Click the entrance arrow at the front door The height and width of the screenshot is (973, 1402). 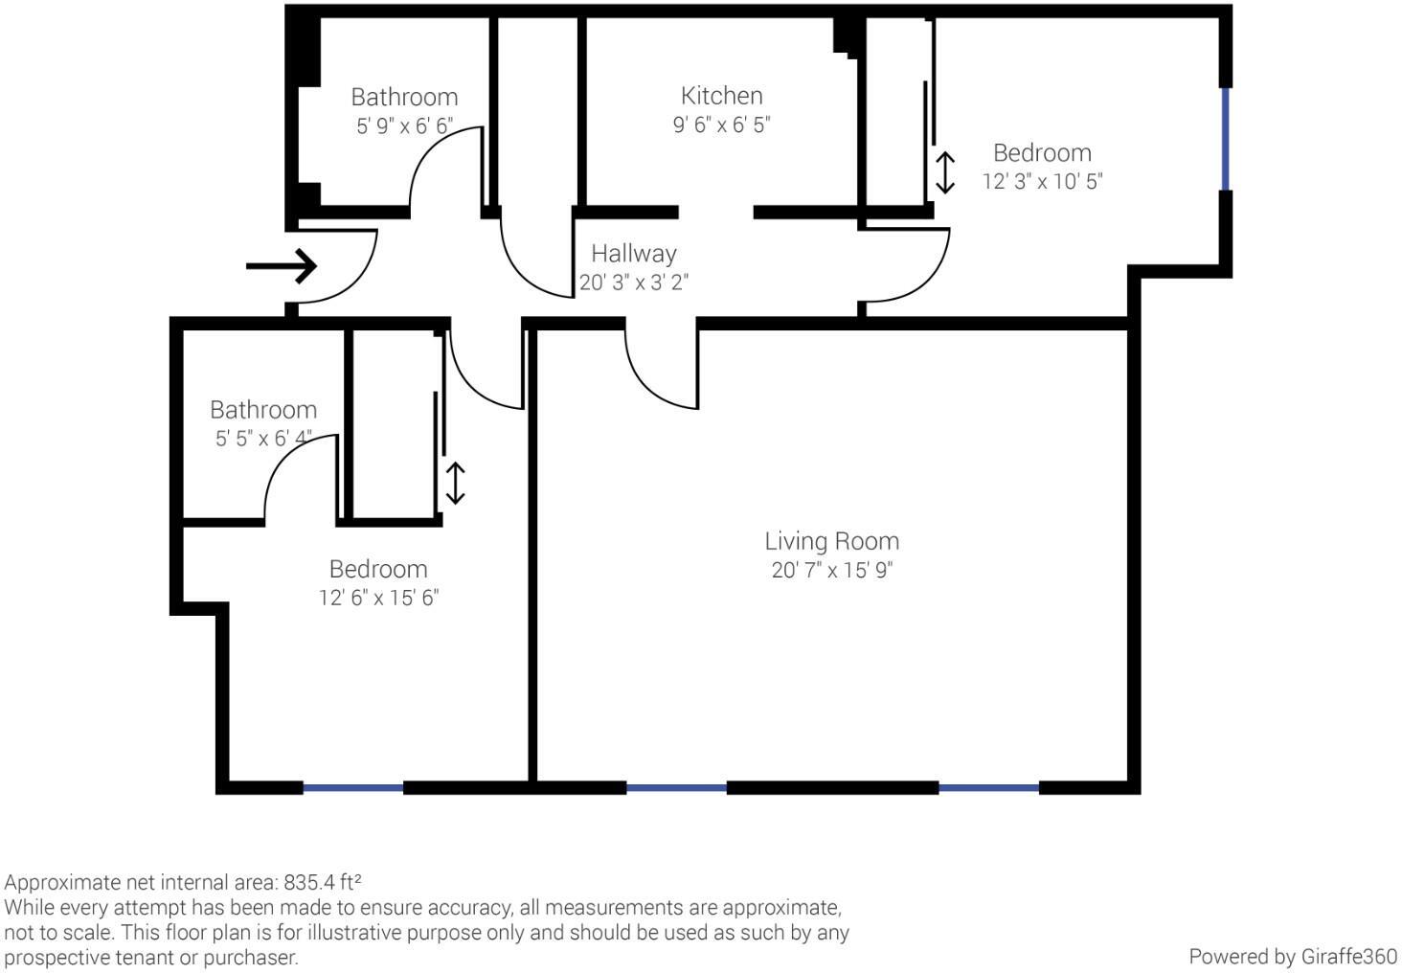point(281,265)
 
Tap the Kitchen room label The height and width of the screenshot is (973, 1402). point(721,96)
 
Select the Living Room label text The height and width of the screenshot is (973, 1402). point(831,541)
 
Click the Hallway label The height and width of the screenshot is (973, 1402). point(633,254)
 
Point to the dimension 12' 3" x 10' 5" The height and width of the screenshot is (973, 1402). point(1042,181)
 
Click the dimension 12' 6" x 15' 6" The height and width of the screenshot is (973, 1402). point(378,598)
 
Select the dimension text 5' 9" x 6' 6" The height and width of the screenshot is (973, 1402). point(404,125)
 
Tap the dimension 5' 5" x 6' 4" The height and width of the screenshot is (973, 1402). point(263,439)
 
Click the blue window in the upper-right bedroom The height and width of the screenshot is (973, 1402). point(1225,139)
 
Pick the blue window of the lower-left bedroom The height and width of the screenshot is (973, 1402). point(352,787)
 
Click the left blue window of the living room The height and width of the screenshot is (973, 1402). point(676,787)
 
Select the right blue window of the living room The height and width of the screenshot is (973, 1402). point(988,787)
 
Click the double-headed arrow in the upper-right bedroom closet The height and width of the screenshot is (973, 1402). point(944,172)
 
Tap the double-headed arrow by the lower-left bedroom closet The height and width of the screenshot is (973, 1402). point(456,484)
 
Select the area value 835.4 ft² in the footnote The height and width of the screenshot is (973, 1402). point(322,882)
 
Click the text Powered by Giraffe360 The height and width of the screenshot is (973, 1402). point(1292,956)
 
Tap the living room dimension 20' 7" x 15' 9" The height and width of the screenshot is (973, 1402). point(831,570)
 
